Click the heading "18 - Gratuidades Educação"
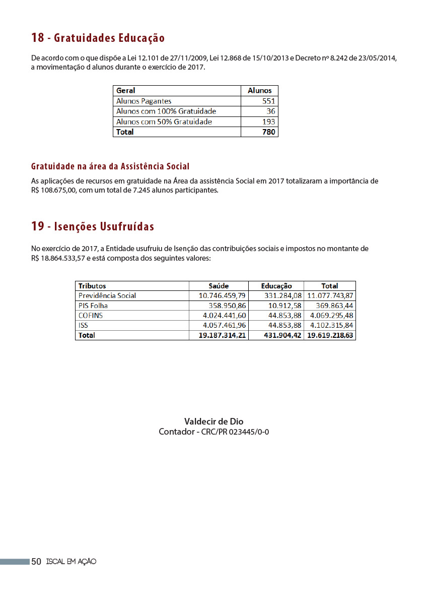click(98, 38)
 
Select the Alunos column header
click(259, 91)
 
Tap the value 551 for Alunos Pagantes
click(268, 101)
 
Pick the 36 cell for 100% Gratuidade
click(271, 111)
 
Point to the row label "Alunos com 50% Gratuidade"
click(164, 122)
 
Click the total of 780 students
click(269, 132)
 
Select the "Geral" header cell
click(126, 91)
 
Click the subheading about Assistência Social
click(110, 166)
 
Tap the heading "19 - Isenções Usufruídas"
click(93, 226)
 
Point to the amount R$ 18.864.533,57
click(59, 258)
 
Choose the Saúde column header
click(219, 286)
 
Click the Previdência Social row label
click(107, 295)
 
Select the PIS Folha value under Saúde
click(227, 306)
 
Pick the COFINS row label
click(91, 316)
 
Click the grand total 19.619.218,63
click(330, 335)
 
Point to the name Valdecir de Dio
click(214, 422)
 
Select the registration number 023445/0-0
click(249, 432)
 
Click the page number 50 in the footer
click(36, 562)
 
